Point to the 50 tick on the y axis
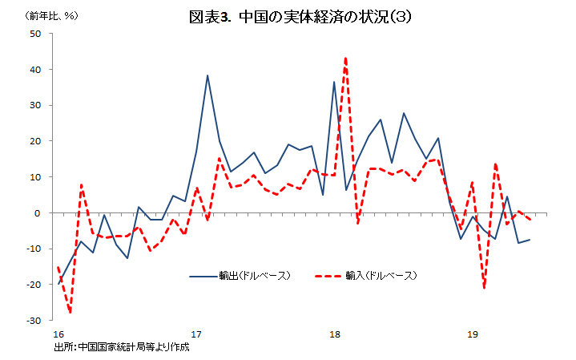tap(36, 34)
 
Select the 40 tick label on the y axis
tap(36, 70)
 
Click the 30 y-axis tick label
tap(36, 106)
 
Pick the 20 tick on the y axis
tap(36, 141)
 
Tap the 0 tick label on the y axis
tap(38, 213)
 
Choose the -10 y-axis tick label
tap(34, 249)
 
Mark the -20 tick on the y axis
tap(34, 285)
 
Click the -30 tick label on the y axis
tap(34, 321)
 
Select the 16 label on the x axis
tap(58, 334)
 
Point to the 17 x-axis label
tap(195, 334)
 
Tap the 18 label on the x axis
tap(334, 334)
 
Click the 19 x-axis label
tap(473, 334)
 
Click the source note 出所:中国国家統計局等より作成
tap(122, 347)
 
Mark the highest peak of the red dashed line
tap(345, 58)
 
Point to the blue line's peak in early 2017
tap(207, 75)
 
